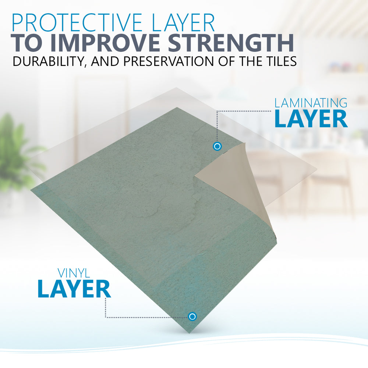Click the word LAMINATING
click(311, 103)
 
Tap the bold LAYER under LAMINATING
click(311, 119)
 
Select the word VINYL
click(74, 273)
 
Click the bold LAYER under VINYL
click(74, 289)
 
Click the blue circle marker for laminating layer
click(217, 146)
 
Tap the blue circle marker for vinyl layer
click(192, 316)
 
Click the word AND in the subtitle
click(105, 61)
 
